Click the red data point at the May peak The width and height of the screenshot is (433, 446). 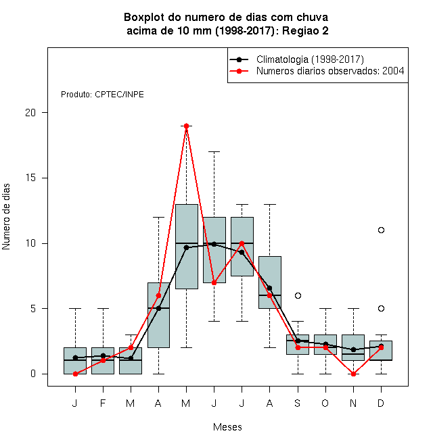click(186, 126)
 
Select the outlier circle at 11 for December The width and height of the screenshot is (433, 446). click(381, 230)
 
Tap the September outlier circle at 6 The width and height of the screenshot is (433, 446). click(298, 295)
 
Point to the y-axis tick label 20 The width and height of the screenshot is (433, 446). click(30, 113)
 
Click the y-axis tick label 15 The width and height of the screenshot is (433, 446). click(30, 178)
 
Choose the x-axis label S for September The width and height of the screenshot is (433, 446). click(298, 403)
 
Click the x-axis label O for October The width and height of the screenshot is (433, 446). click(325, 403)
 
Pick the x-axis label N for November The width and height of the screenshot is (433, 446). click(353, 403)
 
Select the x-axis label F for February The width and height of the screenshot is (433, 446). click(103, 403)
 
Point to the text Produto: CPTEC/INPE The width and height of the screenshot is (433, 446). click(102, 95)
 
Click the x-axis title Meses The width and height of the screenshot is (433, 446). click(227, 427)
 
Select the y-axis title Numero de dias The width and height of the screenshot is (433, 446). click(6, 217)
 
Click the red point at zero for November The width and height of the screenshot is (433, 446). click(354, 374)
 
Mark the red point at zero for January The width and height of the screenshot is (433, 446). click(75, 374)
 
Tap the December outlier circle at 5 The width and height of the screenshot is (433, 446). click(381, 308)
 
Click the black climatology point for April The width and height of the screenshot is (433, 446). click(159, 308)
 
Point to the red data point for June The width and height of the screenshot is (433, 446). click(214, 282)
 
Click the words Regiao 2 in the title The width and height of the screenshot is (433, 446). click(305, 30)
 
